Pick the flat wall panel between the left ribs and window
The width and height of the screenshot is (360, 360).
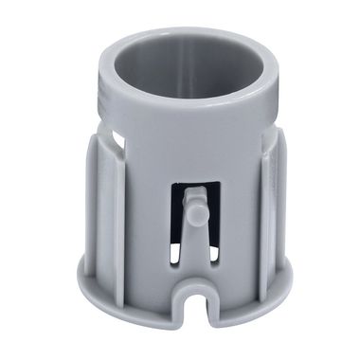click(152, 218)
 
